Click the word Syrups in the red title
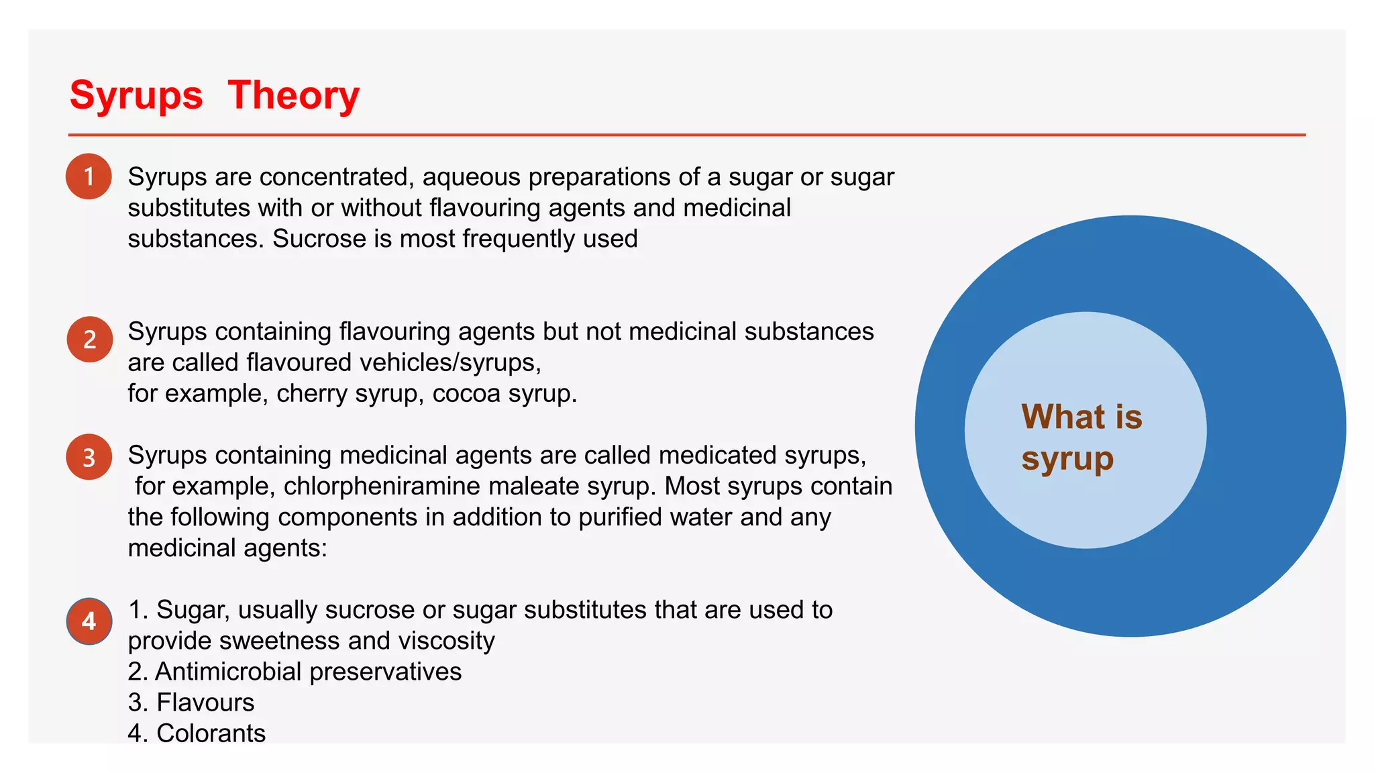(136, 95)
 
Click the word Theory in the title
(293, 95)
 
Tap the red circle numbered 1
(89, 176)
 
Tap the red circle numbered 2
(89, 340)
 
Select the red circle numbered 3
(89, 457)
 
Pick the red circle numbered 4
(89, 621)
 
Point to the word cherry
(312, 393)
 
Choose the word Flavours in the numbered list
(205, 703)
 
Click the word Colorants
(211, 733)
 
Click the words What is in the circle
(1081, 417)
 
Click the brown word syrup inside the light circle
(1067, 460)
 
